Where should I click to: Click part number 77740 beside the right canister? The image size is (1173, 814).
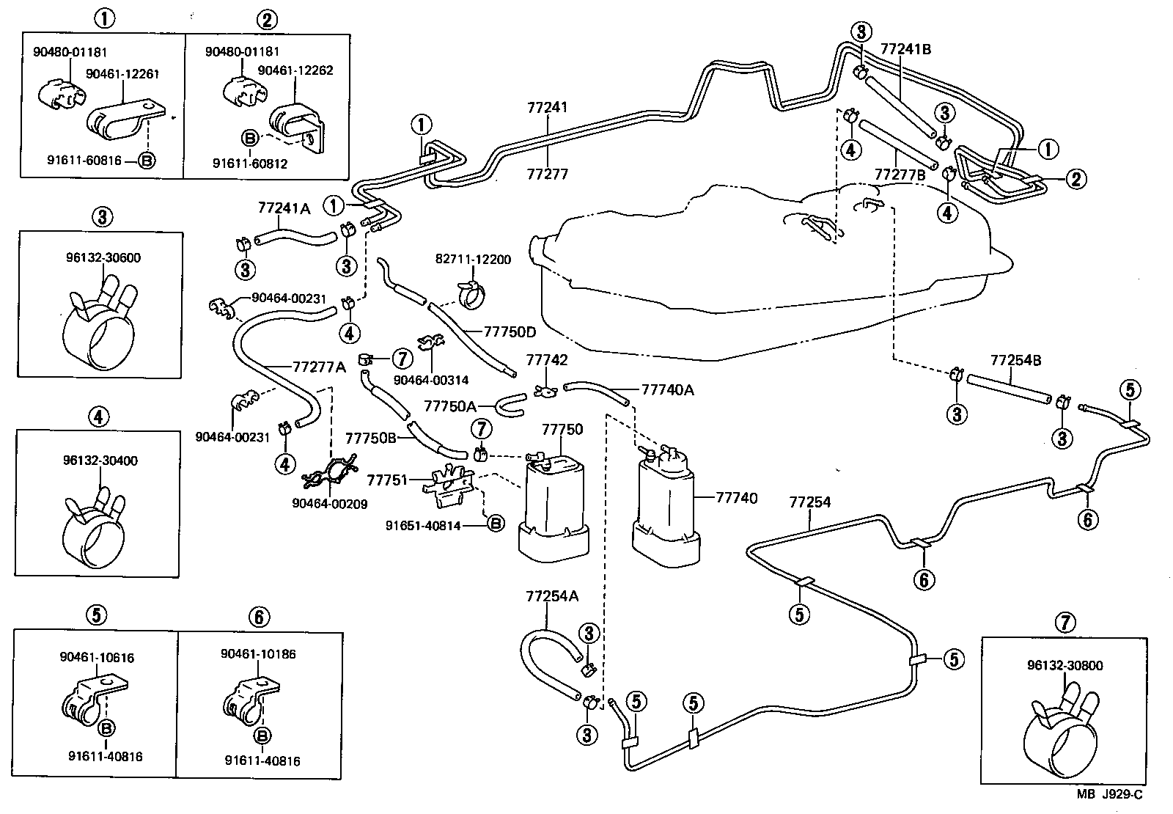click(x=736, y=498)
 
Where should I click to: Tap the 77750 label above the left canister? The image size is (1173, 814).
click(x=562, y=429)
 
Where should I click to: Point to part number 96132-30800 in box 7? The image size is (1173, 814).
click(x=1064, y=666)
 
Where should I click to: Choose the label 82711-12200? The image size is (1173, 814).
click(x=473, y=260)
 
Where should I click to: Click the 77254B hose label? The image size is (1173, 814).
click(x=1015, y=361)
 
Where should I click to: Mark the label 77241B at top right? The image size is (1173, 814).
click(x=905, y=49)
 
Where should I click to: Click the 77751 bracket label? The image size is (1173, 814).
click(x=387, y=480)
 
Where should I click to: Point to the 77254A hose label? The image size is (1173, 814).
click(x=551, y=595)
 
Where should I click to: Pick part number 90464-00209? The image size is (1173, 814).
click(x=329, y=504)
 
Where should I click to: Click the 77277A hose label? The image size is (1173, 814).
click(x=319, y=367)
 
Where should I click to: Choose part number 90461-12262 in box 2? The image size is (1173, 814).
click(x=295, y=70)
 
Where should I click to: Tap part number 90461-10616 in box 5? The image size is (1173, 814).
click(x=97, y=658)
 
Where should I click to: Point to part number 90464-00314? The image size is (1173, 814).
click(x=430, y=380)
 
